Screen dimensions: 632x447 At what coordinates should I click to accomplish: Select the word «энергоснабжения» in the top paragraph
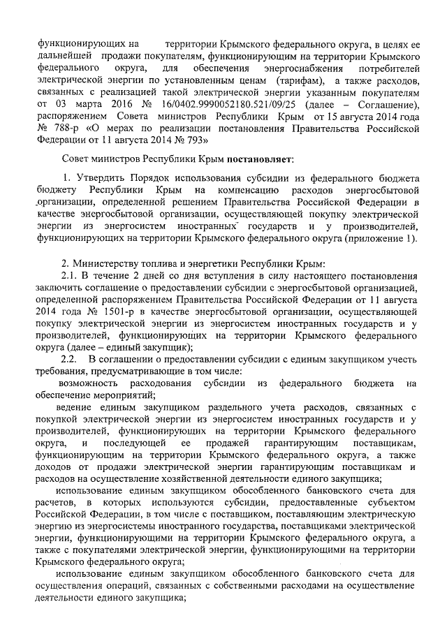pos(276,68)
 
